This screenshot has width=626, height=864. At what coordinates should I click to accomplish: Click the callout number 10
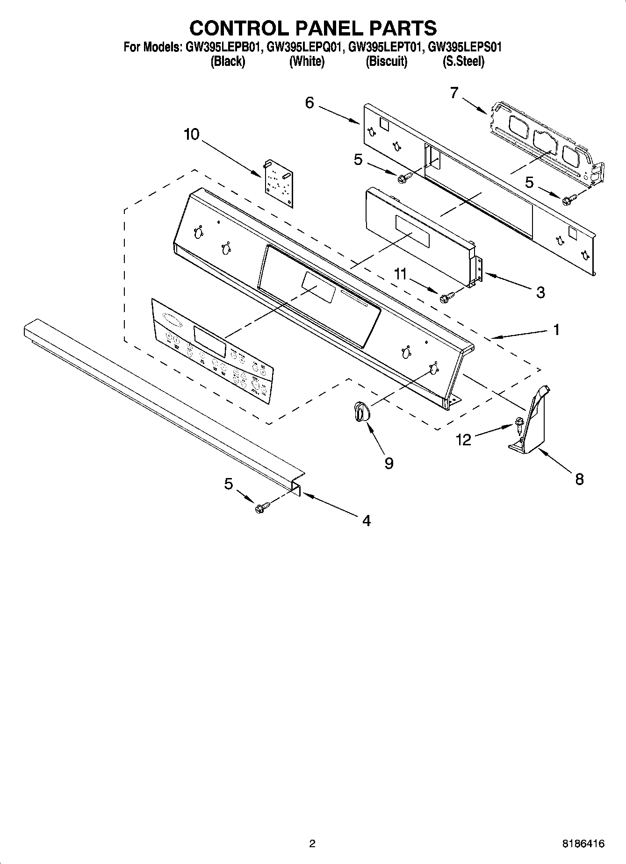coord(192,135)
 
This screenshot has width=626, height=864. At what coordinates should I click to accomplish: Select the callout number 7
coord(454,93)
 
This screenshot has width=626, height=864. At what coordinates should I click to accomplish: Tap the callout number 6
coord(309,103)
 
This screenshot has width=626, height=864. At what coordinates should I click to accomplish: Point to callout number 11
coord(400,274)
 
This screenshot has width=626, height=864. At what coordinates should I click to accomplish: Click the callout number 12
coord(463,440)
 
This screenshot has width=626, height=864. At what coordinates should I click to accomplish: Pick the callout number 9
coord(389,463)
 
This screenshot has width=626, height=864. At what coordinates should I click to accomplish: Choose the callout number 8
coord(579,479)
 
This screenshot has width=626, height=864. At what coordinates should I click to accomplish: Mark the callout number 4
coord(367,521)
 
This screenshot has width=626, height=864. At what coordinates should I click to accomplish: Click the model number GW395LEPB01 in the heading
coord(221,47)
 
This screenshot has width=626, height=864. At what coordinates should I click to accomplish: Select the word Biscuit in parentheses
coord(387,61)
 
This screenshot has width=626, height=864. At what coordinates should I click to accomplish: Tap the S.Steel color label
coord(463,61)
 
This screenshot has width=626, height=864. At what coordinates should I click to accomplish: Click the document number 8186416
coord(583,843)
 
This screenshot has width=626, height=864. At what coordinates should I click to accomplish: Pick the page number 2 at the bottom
coord(312,843)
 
